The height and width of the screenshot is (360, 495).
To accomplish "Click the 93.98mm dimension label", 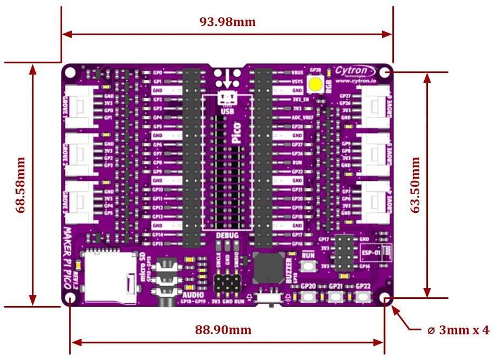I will click(x=227, y=22).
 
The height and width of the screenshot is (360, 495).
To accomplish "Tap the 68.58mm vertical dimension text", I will click(x=21, y=185).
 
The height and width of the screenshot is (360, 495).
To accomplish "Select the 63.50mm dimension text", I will click(x=416, y=185).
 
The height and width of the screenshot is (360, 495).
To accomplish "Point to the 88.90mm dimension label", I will click(x=223, y=330).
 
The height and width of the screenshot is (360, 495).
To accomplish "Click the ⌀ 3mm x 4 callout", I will click(x=458, y=330).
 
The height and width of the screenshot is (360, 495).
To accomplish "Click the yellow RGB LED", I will click(x=316, y=84).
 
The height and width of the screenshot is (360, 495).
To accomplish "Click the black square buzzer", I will click(x=268, y=268).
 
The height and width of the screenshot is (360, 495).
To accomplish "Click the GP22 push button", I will click(x=361, y=298).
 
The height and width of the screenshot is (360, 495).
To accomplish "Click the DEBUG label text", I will click(x=227, y=236).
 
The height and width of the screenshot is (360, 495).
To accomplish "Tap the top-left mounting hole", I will click(x=71, y=72).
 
